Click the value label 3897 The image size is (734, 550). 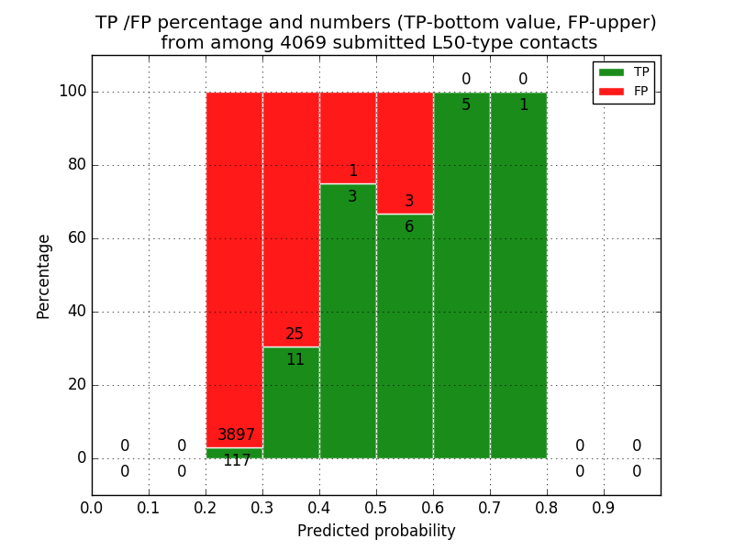(236, 435)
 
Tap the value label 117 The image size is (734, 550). (237, 461)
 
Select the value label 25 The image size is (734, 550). (295, 335)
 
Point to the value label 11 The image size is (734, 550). (295, 360)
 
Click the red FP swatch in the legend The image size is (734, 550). (611, 91)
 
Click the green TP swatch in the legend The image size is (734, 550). (611, 71)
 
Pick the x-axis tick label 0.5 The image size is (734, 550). (376, 507)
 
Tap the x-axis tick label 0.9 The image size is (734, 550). (604, 507)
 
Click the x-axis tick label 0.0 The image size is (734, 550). (92, 507)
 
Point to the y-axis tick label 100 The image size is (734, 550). (72, 92)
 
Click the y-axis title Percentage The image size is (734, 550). (44, 276)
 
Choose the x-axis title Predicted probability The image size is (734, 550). (376, 531)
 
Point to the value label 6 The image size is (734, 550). (409, 227)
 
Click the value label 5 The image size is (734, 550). (466, 105)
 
